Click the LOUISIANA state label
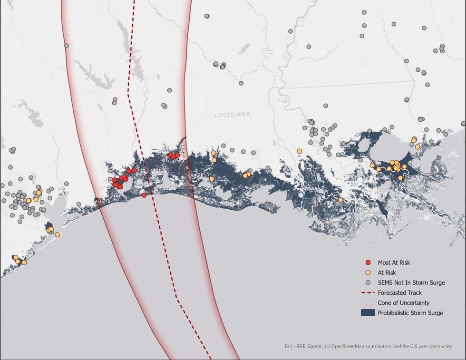click(x=232, y=115)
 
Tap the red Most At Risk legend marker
click(x=368, y=263)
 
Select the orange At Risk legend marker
click(x=368, y=272)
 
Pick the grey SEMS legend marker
click(x=368, y=282)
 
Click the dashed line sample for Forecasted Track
click(x=368, y=292)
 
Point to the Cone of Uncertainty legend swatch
click(x=368, y=302)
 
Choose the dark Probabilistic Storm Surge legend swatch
click(x=368, y=312)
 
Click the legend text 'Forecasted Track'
click(x=399, y=292)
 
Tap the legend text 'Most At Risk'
click(x=394, y=263)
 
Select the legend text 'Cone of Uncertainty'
click(x=404, y=302)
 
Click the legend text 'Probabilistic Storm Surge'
click(x=410, y=312)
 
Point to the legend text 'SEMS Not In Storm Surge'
click(x=411, y=282)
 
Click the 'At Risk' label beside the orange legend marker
click(x=387, y=272)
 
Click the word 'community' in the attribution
click(x=440, y=346)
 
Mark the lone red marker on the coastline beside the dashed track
click(x=144, y=195)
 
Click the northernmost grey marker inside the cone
click(x=67, y=46)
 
